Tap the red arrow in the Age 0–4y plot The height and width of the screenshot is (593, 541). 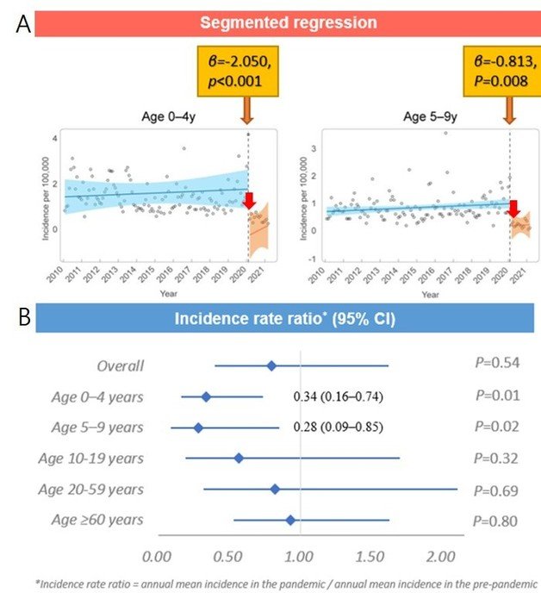point(249,202)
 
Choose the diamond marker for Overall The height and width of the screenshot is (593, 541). point(271,366)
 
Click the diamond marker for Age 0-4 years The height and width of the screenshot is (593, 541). point(206,396)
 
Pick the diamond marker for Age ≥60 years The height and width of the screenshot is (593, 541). point(290,520)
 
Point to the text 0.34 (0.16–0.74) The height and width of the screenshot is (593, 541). point(338,396)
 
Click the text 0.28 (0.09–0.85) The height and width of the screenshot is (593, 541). point(338,428)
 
